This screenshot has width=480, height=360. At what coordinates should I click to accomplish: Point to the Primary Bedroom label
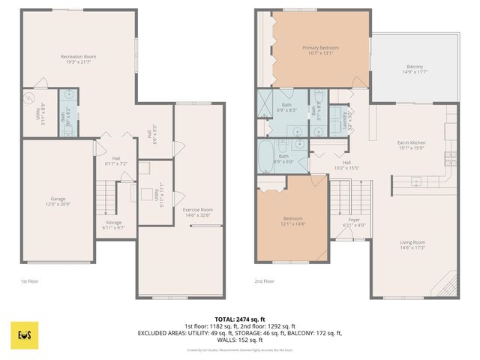click(321, 50)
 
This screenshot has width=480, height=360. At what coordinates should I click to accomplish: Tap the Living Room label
click(412, 244)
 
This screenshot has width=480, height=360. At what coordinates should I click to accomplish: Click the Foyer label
click(355, 222)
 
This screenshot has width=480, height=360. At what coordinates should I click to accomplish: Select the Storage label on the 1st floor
click(113, 224)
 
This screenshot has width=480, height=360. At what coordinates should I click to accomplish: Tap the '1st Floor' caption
click(29, 281)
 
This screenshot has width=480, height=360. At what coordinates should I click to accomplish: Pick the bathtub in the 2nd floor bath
click(267, 157)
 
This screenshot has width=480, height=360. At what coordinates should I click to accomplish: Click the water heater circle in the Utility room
click(30, 97)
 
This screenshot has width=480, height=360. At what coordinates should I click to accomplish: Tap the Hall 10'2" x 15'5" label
click(347, 165)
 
